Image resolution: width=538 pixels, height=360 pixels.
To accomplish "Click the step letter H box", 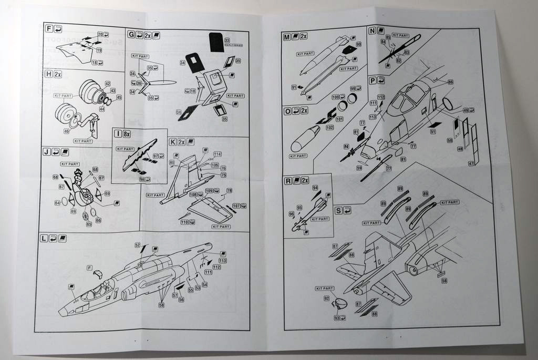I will [x=48, y=74].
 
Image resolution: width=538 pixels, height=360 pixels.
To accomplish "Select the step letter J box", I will [x=46, y=152].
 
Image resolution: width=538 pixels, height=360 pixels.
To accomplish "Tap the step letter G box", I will [x=131, y=35].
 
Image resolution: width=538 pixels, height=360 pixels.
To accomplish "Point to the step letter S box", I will [x=339, y=211].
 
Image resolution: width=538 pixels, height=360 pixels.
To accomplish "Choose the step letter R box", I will [x=288, y=181].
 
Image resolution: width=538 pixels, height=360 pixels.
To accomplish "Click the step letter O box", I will [x=287, y=111].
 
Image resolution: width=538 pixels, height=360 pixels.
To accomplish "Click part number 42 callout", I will [x=108, y=84].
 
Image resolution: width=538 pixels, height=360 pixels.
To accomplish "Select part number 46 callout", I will [x=67, y=131].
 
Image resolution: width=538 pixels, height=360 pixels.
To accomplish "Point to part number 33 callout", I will [x=226, y=40].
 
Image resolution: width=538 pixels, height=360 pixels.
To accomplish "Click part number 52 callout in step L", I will [x=137, y=245].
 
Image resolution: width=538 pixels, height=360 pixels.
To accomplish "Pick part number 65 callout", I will [x=89, y=224].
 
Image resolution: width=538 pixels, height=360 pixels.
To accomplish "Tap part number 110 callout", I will [x=184, y=222].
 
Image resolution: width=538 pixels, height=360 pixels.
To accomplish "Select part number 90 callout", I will [x=358, y=45].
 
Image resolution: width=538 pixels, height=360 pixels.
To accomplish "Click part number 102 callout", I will [x=330, y=127].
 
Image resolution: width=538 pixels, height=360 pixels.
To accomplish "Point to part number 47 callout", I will [x=471, y=164].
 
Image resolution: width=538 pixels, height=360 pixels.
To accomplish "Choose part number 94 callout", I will [x=315, y=188].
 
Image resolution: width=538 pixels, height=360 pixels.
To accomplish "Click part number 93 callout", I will [x=336, y=317].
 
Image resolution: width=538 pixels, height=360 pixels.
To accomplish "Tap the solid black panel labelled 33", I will [x=216, y=42].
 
